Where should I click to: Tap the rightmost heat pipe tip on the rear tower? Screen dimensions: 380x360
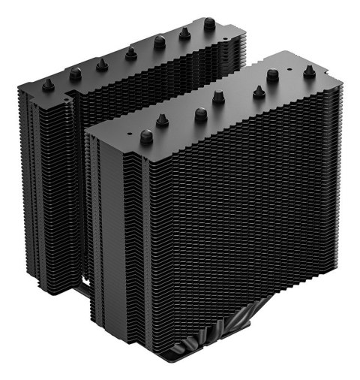pyautogui.click(x=209, y=25)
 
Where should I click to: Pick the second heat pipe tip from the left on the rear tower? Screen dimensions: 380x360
pyautogui.click(x=75, y=74)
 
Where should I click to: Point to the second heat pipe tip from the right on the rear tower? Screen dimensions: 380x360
pyautogui.click(x=184, y=33)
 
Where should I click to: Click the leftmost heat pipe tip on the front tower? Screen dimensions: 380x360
pyautogui.click(x=146, y=137)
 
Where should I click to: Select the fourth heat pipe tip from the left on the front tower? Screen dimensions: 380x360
pyautogui.click(x=218, y=98)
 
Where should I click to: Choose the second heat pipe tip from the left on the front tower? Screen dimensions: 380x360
pyautogui.click(x=162, y=119)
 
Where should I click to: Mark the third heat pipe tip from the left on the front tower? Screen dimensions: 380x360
pyautogui.click(x=200, y=114)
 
